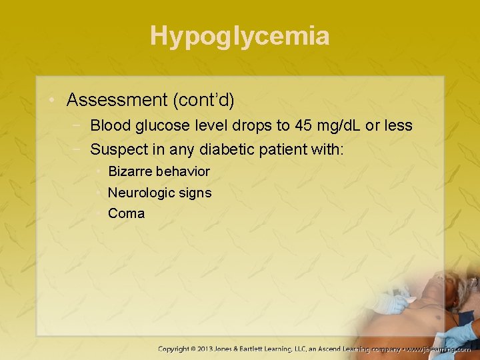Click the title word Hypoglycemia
[239, 35]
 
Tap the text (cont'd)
[203, 100]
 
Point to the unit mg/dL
[340, 125]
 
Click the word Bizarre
[131, 171]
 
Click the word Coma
[126, 214]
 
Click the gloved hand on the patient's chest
[390, 304]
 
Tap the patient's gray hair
[460, 287]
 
